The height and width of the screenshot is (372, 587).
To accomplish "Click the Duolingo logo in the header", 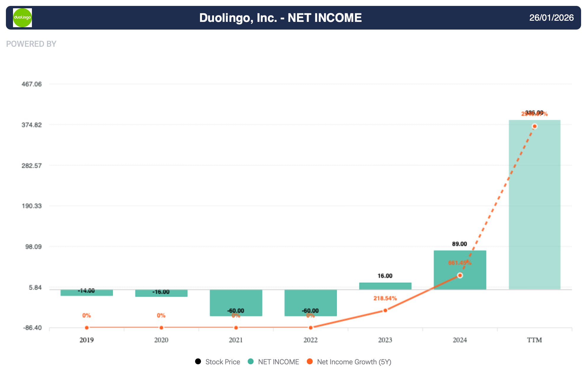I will (22, 18).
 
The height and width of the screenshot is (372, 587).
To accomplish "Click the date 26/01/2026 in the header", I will (551, 18).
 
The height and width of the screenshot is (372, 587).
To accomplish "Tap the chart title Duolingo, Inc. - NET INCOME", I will (280, 18).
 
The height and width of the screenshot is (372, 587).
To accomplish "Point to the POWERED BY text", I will (31, 44).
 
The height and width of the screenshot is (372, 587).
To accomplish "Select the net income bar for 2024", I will (460, 270).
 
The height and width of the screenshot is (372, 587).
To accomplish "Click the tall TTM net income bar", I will (534, 204).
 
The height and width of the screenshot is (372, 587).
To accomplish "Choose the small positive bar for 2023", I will (385, 286).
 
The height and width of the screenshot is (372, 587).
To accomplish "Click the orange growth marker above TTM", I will (534, 127).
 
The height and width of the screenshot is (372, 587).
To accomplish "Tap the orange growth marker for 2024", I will (460, 276).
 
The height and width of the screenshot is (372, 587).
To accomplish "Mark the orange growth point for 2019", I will (87, 328).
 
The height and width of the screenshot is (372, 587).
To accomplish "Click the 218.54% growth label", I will (385, 298).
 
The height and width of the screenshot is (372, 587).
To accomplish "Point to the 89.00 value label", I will (459, 244).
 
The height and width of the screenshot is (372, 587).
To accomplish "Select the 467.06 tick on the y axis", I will (32, 84).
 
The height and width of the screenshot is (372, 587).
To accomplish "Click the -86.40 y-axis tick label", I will (32, 328).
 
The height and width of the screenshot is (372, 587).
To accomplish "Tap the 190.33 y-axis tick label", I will (32, 206).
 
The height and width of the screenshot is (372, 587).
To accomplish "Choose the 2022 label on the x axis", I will (310, 340).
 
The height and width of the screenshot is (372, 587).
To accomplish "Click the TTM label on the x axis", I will (534, 340).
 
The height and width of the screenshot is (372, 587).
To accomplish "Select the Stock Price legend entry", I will (218, 362).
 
